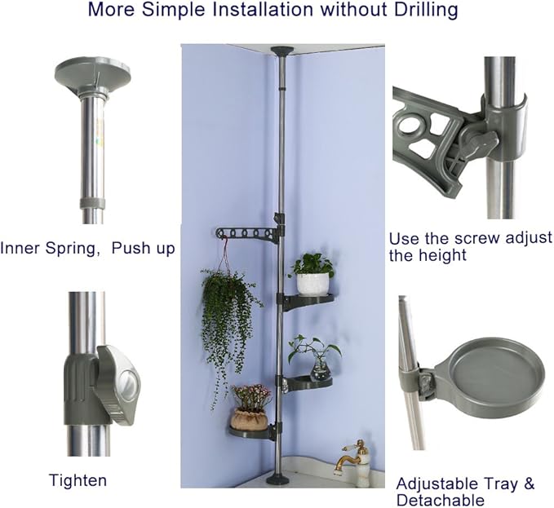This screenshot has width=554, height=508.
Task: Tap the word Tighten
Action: [x=78, y=480]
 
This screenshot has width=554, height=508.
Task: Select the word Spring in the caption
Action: [x=71, y=248]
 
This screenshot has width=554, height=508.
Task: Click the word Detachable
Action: [x=441, y=500]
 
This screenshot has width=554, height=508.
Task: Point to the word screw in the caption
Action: [x=477, y=238]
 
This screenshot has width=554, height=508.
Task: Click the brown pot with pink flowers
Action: [x=248, y=417]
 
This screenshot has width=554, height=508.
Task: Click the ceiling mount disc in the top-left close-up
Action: [x=93, y=76]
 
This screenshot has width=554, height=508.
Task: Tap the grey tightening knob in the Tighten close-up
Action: [x=118, y=385]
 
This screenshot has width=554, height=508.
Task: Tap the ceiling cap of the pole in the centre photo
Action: [x=282, y=50]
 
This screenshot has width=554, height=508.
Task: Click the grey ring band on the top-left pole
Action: [x=92, y=203]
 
